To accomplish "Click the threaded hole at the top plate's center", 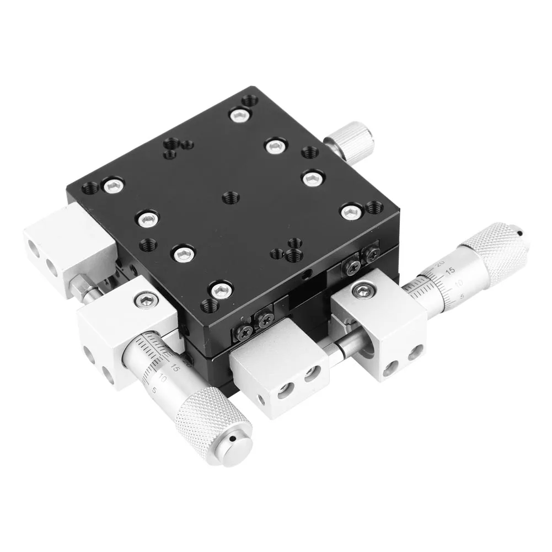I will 229,197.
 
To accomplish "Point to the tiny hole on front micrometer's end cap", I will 235,440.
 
